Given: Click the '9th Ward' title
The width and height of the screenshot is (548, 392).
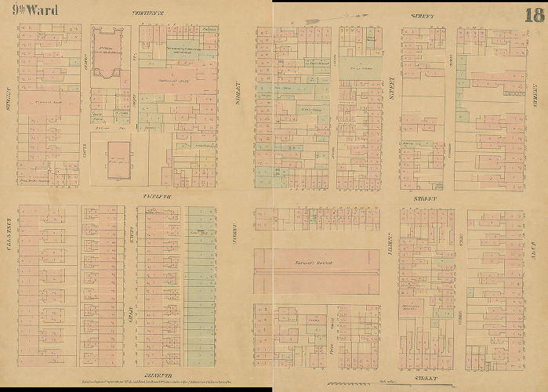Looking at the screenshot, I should click(30, 10).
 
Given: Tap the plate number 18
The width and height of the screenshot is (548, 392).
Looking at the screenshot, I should click(534, 14).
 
